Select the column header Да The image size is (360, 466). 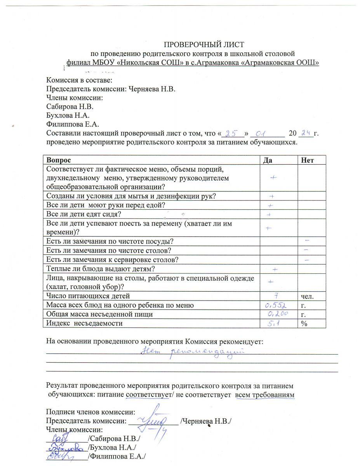point(266,160)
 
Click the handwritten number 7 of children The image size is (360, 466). point(274,296)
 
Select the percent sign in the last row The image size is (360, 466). point(303,323)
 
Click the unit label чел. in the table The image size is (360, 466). point(307,297)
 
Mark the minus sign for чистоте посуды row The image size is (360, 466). point(307,241)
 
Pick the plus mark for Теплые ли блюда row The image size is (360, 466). point(275,269)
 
